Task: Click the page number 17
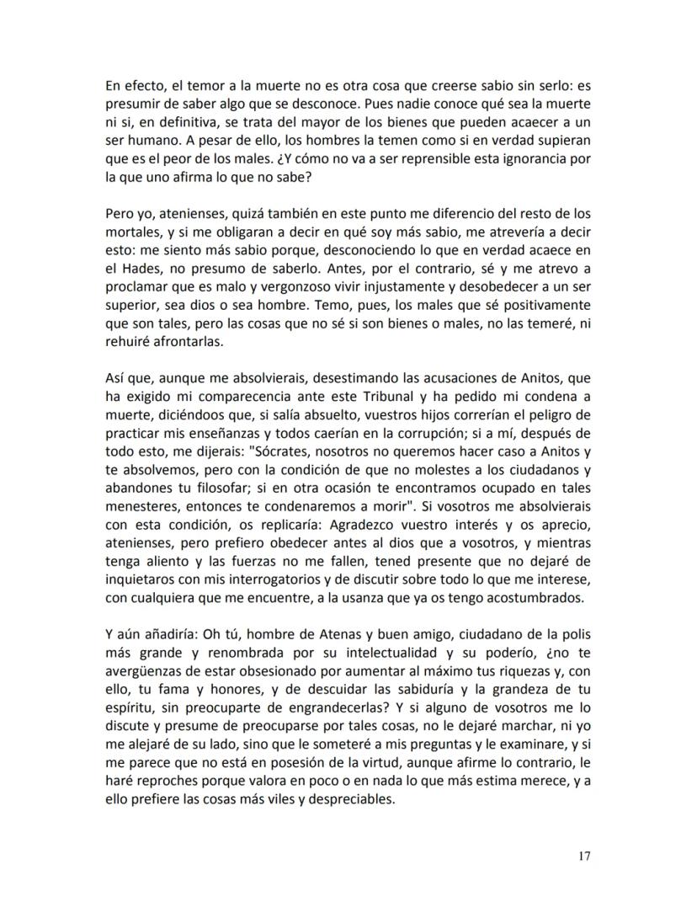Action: (583, 857)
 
